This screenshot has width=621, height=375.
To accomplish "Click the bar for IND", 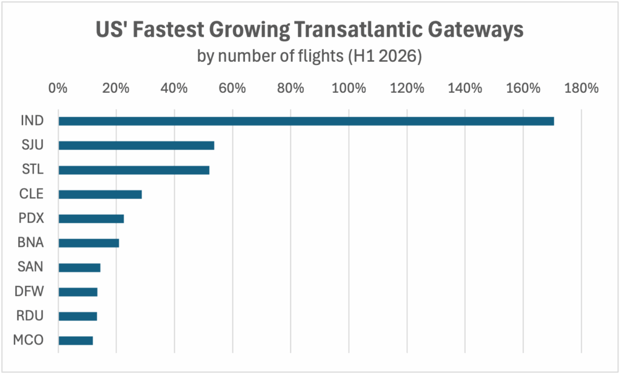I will point(306,121).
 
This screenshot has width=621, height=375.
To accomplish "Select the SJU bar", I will point(136,146).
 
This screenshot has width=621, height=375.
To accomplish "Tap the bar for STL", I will point(134,170).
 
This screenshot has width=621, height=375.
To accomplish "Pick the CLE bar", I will point(100,194).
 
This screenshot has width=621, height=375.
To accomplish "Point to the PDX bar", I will point(91,218).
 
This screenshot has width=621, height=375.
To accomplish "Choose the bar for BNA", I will point(89,243).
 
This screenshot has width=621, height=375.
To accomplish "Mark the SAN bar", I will point(79,268).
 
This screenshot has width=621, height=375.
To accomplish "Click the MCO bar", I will point(76,340).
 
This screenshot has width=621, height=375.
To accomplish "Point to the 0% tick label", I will point(58,88).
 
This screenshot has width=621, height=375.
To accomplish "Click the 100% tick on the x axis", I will point(348,88).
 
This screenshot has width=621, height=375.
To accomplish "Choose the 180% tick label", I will point(581,88).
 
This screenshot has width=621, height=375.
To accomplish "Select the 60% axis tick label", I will point(232,88).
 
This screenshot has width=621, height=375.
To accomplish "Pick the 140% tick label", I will point(465,88).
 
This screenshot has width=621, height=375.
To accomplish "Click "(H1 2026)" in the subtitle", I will point(385,58).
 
